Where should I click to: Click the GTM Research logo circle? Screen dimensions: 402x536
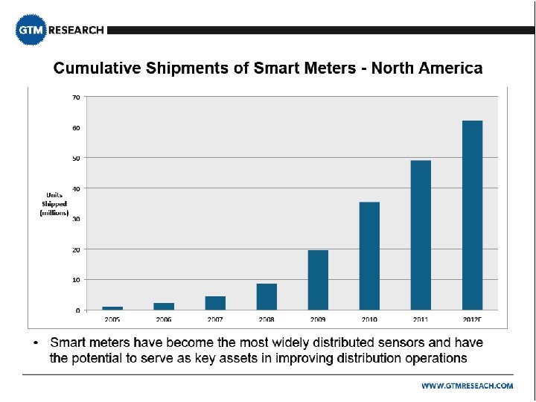[31, 31]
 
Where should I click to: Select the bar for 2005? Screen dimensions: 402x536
[112, 307]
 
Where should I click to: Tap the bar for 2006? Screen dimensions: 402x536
[164, 306]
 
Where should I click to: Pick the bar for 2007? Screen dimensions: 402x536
[215, 303]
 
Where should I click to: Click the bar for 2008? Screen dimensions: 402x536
[267, 296]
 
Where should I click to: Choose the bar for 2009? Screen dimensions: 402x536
[318, 280]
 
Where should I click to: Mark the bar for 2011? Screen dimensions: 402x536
[421, 234]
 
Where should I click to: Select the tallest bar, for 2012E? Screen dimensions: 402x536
[472, 215]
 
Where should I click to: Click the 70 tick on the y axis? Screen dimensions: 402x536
[77, 98]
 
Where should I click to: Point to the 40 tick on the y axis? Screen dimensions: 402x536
[77, 188]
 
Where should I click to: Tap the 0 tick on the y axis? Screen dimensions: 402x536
[78, 310]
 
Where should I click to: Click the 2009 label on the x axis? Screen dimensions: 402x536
[318, 319]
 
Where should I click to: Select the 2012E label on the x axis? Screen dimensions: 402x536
[473, 319]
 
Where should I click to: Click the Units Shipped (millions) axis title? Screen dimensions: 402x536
[54, 204]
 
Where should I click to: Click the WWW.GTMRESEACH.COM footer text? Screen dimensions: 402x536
[467, 386]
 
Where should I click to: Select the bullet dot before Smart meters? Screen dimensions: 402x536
[35, 343]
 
